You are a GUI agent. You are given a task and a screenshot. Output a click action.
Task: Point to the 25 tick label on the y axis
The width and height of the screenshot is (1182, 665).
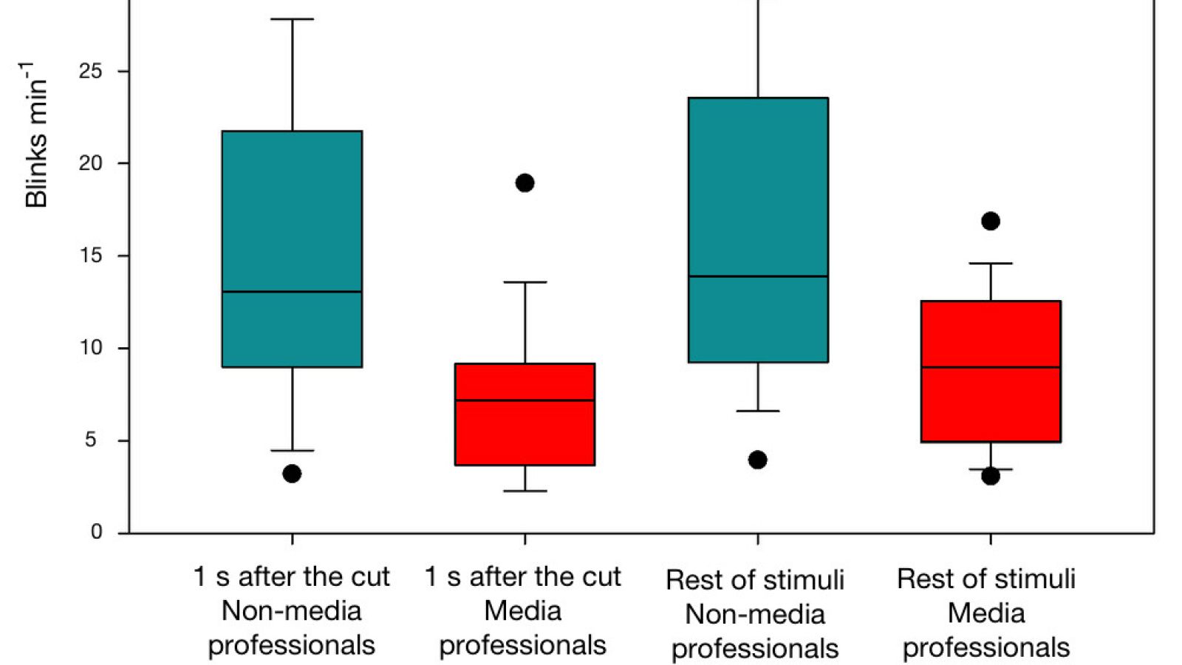click(90, 71)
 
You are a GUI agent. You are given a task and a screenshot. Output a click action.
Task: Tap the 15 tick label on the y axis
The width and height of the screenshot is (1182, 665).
click(90, 256)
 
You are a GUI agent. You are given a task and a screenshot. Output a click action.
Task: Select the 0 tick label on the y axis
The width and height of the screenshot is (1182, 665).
click(96, 532)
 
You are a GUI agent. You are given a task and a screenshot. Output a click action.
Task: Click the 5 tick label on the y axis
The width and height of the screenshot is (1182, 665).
click(90, 440)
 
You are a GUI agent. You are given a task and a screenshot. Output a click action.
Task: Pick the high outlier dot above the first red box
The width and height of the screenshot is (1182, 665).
click(525, 183)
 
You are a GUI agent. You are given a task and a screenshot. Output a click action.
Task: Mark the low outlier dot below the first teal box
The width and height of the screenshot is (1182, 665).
click(292, 474)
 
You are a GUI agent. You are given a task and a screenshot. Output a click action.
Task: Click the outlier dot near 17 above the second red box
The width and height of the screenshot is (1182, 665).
click(991, 221)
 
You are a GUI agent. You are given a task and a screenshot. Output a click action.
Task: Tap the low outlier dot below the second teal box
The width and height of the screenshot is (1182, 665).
click(757, 460)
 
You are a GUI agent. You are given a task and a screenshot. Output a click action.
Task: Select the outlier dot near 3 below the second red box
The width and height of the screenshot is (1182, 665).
click(991, 476)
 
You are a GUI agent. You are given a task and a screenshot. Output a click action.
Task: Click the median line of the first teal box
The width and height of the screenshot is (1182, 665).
click(292, 292)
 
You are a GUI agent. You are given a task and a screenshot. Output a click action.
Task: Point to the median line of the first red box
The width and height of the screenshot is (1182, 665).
click(525, 400)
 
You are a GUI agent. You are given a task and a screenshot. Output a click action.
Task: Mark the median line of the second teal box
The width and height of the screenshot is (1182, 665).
click(758, 276)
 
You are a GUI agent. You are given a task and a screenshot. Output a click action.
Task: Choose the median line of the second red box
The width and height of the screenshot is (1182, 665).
click(991, 367)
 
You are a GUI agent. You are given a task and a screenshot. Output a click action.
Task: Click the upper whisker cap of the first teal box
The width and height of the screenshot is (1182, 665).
click(292, 19)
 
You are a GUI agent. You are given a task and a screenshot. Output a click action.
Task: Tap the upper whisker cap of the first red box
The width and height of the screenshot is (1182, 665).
click(525, 282)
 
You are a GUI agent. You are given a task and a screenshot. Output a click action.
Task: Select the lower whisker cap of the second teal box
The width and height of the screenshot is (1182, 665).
click(758, 411)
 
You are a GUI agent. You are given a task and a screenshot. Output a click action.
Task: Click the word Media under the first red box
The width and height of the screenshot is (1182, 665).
click(522, 611)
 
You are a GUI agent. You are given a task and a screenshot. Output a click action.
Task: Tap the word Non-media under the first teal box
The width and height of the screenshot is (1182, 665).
click(291, 611)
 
